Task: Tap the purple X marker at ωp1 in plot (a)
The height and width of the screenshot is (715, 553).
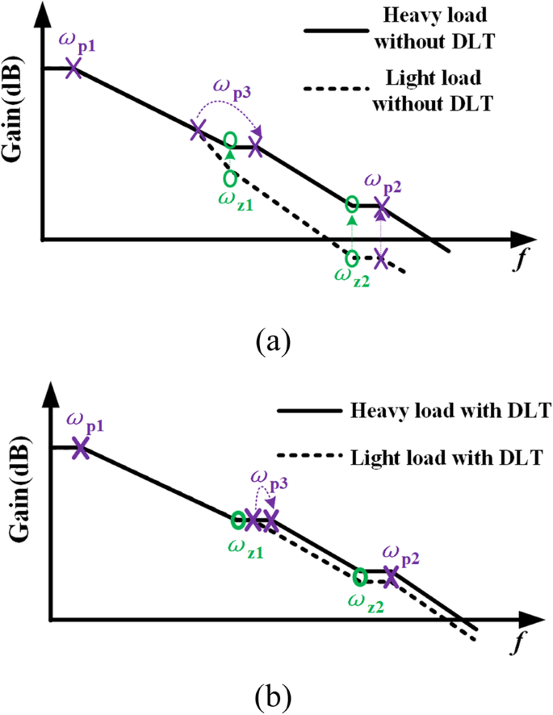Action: tap(73, 68)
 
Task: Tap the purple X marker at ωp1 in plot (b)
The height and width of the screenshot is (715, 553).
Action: tap(79, 449)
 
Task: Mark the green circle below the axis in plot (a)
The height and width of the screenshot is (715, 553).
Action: tap(352, 258)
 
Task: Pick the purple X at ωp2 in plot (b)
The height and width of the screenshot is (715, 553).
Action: tap(391, 575)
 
